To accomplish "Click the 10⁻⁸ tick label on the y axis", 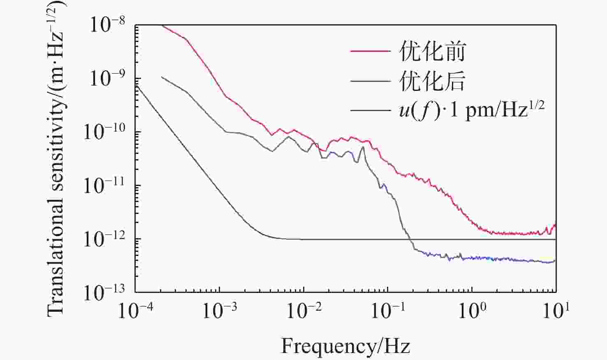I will coord(107,25).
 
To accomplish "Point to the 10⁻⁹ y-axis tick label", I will coord(107,78).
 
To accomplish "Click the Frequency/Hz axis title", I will coord(345,346).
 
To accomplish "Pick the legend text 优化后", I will coord(432,81).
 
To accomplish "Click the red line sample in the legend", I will coord(370,51).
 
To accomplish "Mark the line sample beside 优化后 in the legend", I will coord(370,81).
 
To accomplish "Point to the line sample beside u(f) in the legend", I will coord(370,110).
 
